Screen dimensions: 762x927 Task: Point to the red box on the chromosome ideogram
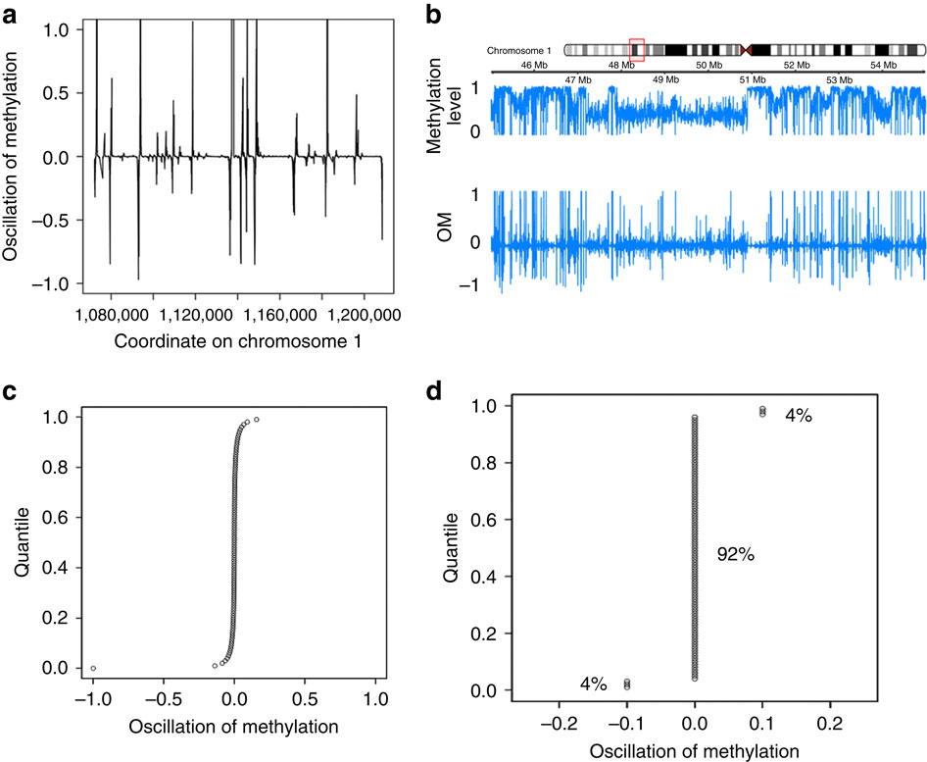coord(636,49)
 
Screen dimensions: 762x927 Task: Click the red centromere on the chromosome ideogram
coord(749,49)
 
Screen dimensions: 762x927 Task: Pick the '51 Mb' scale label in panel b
coord(754,78)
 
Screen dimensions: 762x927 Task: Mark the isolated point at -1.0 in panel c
coord(93,668)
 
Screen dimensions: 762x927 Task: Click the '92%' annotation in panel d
coord(734,554)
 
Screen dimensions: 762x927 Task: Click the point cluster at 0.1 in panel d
coord(762,412)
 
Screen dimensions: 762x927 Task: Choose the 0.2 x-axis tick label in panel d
coord(830,727)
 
